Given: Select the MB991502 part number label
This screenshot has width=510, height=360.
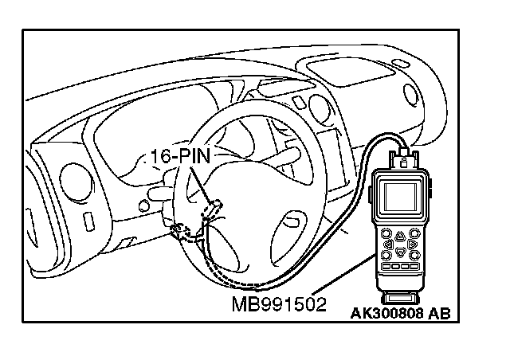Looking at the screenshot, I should point(279,305).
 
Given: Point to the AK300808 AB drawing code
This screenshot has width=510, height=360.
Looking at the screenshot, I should point(400,313).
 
